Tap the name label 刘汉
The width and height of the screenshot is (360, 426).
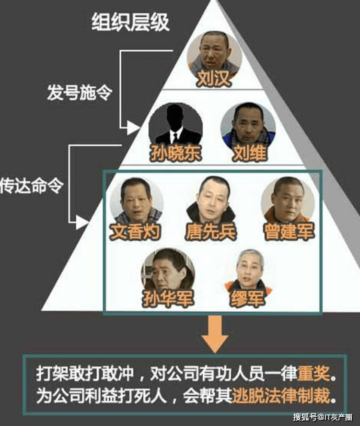pyautogui.click(x=214, y=78)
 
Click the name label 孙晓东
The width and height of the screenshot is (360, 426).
pyautogui.click(x=175, y=153)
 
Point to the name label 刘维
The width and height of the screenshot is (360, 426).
pyautogui.click(x=249, y=153)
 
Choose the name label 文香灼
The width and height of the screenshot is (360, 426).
pyautogui.click(x=135, y=232)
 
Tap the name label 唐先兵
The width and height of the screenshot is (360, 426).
pyautogui.click(x=210, y=232)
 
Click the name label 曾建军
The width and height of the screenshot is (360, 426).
pyautogui.click(x=289, y=232)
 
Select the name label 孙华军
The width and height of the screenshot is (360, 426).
pyautogui.click(x=168, y=298)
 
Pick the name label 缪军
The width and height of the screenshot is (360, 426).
pyautogui.click(x=247, y=298)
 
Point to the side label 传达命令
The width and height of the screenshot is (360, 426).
pyautogui.click(x=32, y=186)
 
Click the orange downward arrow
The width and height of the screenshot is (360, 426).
pyautogui.click(x=215, y=333)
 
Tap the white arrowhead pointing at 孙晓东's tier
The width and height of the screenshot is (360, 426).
pyautogui.click(x=133, y=128)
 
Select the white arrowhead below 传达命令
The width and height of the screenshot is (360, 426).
pyautogui.click(x=82, y=222)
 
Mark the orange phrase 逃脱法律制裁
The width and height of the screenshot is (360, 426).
pyautogui.click(x=281, y=396)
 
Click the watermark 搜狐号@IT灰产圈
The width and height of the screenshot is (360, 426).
pyautogui.click(x=323, y=417)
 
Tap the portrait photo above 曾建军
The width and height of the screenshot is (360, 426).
pyautogui.click(x=288, y=201)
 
